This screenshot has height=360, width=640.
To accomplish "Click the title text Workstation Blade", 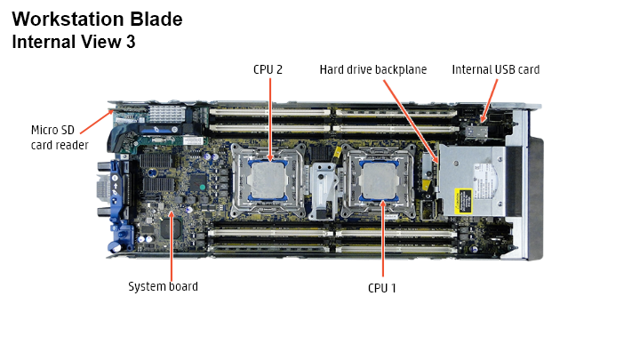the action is (97, 20).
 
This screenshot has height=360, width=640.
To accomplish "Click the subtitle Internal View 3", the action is (74, 42).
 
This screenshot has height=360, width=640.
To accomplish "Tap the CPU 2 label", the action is (268, 69).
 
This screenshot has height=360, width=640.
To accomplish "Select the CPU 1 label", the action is (382, 288).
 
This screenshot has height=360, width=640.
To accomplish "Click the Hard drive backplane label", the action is (373, 70).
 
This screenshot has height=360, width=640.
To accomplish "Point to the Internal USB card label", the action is (495, 70).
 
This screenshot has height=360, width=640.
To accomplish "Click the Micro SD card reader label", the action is (60, 138).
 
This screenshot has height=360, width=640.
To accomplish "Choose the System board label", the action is (163, 286).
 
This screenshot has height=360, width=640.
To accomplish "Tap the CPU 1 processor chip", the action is (379, 180).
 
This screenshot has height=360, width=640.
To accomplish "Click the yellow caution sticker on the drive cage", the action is (463, 200).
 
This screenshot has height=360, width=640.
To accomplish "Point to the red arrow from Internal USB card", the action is (490, 100).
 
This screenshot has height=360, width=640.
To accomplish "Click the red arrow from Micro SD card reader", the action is (97, 121).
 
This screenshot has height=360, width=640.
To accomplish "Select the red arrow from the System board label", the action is (172, 245).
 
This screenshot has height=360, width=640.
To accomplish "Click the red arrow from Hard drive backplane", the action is (411, 121).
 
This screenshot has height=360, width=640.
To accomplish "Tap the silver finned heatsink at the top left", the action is (166, 114).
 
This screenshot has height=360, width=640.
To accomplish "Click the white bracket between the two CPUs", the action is (323, 190).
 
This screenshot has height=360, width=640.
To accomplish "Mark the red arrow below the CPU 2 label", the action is (270, 120).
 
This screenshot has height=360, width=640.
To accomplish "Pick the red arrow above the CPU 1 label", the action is (383, 238).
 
